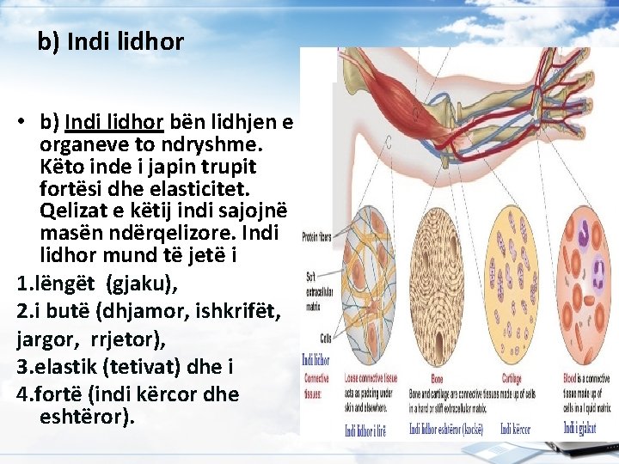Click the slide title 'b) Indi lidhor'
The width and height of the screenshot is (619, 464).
coord(111,41)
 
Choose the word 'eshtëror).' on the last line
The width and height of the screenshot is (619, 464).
coord(87,418)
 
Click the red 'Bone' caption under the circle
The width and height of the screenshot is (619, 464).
coord(420,378)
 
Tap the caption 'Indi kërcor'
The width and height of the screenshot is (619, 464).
coord(516,428)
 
